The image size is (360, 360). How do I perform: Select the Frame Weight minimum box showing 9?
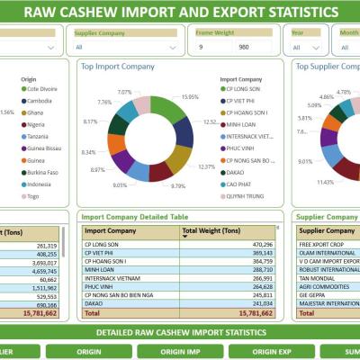[x=211, y=47]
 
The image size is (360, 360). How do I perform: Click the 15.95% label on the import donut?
[x=190, y=96]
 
